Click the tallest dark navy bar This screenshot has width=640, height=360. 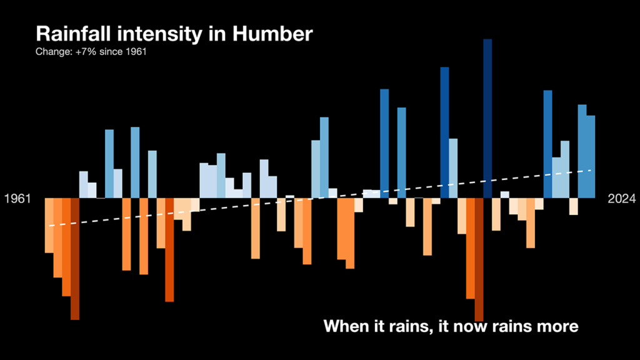click(487, 119)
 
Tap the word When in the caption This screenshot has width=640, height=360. click(346, 326)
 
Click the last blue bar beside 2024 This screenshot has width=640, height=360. click(590, 156)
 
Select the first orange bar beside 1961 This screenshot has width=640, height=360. click(49, 225)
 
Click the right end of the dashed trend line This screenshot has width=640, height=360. click(591, 169)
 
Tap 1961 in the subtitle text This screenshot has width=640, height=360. click(136, 51)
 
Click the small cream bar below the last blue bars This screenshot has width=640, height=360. click(573, 206)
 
